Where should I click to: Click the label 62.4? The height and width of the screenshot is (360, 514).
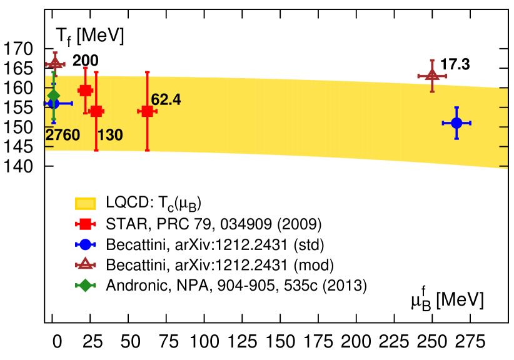pos(166,99)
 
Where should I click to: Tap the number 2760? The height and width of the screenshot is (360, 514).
pos(63,135)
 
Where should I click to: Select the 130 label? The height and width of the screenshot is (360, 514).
pos(110,135)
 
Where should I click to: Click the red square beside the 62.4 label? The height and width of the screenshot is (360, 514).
pos(147,111)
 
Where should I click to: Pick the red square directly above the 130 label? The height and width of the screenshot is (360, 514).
pos(96,111)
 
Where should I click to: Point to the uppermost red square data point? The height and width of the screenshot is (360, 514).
pos(85,91)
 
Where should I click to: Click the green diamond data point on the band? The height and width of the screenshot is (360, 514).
pos(54,95)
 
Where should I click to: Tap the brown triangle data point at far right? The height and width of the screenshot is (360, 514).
pos(432,75)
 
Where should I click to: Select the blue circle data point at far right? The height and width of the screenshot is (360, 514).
pos(456,123)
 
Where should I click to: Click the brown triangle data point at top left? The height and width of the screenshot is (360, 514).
pos(55,63)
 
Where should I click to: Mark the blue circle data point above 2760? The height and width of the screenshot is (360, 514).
pos(54,104)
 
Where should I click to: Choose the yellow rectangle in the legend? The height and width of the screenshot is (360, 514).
pos(85,203)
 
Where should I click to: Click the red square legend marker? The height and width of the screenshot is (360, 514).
pos(85,224)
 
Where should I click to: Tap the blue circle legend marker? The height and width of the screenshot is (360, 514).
pos(85,244)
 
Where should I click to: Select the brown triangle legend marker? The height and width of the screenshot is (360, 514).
pos(85,264)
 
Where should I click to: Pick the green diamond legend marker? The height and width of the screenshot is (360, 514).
pos(85,285)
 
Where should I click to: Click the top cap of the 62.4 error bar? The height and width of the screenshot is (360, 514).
pos(147,72)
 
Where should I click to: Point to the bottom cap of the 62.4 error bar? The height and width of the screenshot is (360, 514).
pos(147,150)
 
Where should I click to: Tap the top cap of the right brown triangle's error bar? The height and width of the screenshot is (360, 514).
pos(432,61)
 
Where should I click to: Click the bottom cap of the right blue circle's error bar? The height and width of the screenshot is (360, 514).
pos(456,138)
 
